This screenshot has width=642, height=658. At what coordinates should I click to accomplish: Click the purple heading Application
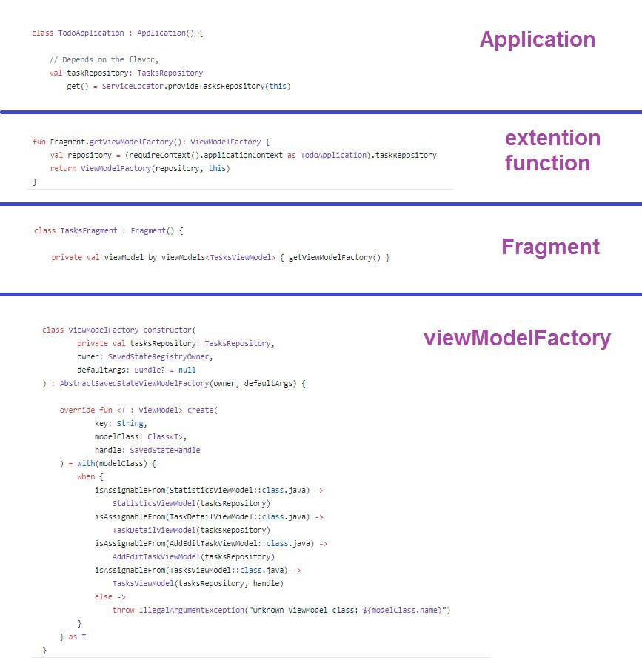[537, 40]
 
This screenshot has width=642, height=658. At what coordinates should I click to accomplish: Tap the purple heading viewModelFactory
[517, 338]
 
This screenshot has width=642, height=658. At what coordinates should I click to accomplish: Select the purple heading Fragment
[550, 247]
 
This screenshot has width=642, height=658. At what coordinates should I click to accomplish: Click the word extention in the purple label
[552, 138]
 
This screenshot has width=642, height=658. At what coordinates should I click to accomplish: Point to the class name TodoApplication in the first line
[91, 33]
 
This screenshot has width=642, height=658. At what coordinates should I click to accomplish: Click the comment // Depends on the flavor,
[104, 59]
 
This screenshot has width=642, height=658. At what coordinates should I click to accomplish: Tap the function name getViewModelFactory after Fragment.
[130, 142]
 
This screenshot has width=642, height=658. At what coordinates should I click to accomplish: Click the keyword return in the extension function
[63, 168]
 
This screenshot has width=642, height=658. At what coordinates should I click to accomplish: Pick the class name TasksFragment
[89, 230]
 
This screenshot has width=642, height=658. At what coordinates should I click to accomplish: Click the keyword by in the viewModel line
[153, 257]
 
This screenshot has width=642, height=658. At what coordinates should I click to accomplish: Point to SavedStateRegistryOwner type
[158, 356]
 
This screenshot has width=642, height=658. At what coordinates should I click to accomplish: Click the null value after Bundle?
[187, 370]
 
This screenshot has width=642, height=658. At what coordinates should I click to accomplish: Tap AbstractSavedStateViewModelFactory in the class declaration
[134, 383]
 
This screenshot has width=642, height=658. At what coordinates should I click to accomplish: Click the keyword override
[77, 410]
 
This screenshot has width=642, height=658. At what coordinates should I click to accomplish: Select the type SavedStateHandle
[165, 450]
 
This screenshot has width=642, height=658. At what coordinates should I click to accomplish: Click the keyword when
[86, 476]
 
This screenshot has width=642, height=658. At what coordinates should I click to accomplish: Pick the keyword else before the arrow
[103, 596]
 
